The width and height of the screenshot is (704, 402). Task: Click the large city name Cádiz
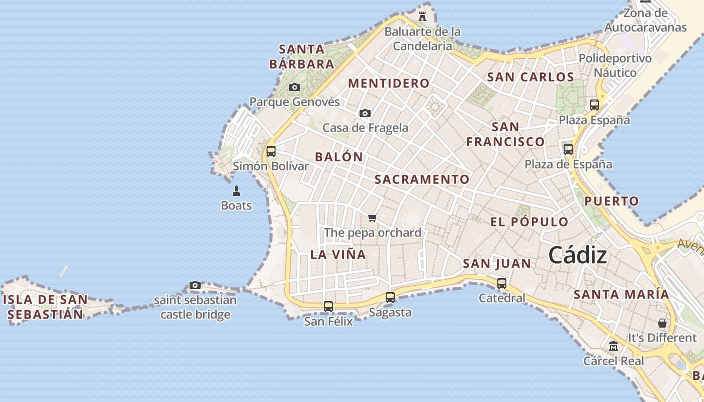click(x=577, y=255)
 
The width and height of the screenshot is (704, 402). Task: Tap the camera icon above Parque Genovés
click(x=295, y=87)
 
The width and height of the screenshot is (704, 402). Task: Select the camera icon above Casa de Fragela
click(x=365, y=114)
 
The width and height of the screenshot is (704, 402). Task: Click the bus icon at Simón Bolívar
click(x=271, y=151)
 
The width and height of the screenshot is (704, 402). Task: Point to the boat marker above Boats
click(x=236, y=191)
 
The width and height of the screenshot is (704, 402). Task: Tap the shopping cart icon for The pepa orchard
click(x=372, y=218)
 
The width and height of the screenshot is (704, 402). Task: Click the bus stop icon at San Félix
click(x=328, y=306)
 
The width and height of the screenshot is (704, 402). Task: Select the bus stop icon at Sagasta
click(x=390, y=297)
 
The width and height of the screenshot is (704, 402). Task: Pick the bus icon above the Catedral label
click(x=502, y=283)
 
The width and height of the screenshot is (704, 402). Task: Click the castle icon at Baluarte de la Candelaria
click(x=422, y=16)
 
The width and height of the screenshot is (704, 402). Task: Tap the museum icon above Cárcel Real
click(x=613, y=346)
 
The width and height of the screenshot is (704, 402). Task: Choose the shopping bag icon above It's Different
click(x=662, y=323)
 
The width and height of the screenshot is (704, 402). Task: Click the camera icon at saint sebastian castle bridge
click(x=195, y=285)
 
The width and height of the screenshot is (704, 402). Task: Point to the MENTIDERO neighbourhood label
click(x=389, y=83)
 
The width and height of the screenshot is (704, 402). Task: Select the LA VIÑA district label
click(x=338, y=254)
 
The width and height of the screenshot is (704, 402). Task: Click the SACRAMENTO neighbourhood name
click(x=421, y=179)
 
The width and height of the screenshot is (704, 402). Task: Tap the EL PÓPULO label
click(x=529, y=222)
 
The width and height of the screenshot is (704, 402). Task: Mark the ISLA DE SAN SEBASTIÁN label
click(x=45, y=307)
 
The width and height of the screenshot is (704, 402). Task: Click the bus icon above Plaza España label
click(x=594, y=105)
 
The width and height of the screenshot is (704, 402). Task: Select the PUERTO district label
click(x=611, y=202)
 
